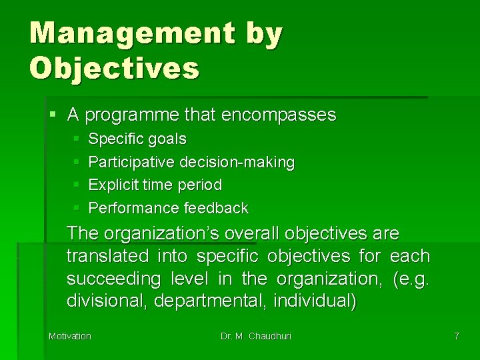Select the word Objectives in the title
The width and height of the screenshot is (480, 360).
click(x=114, y=68)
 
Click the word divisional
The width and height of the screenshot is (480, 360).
click(x=107, y=301)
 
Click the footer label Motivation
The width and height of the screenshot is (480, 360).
click(x=69, y=336)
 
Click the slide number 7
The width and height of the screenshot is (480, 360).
click(x=457, y=336)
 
